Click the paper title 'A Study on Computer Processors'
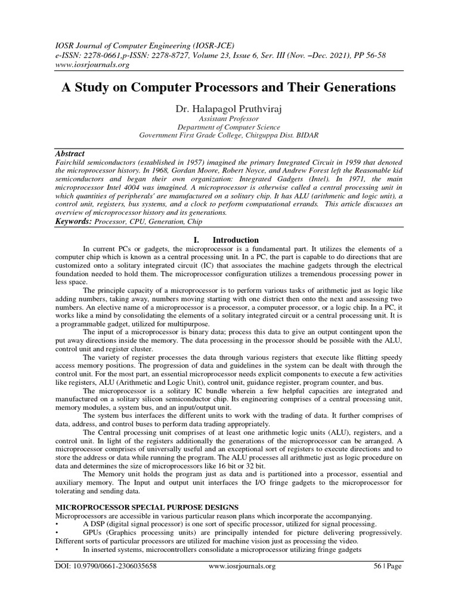click(x=229, y=88)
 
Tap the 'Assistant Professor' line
click(x=229, y=119)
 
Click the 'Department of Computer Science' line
click(x=229, y=127)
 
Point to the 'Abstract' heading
click(x=70, y=153)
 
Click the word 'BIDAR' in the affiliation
click(x=305, y=135)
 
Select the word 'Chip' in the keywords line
click(x=194, y=222)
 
